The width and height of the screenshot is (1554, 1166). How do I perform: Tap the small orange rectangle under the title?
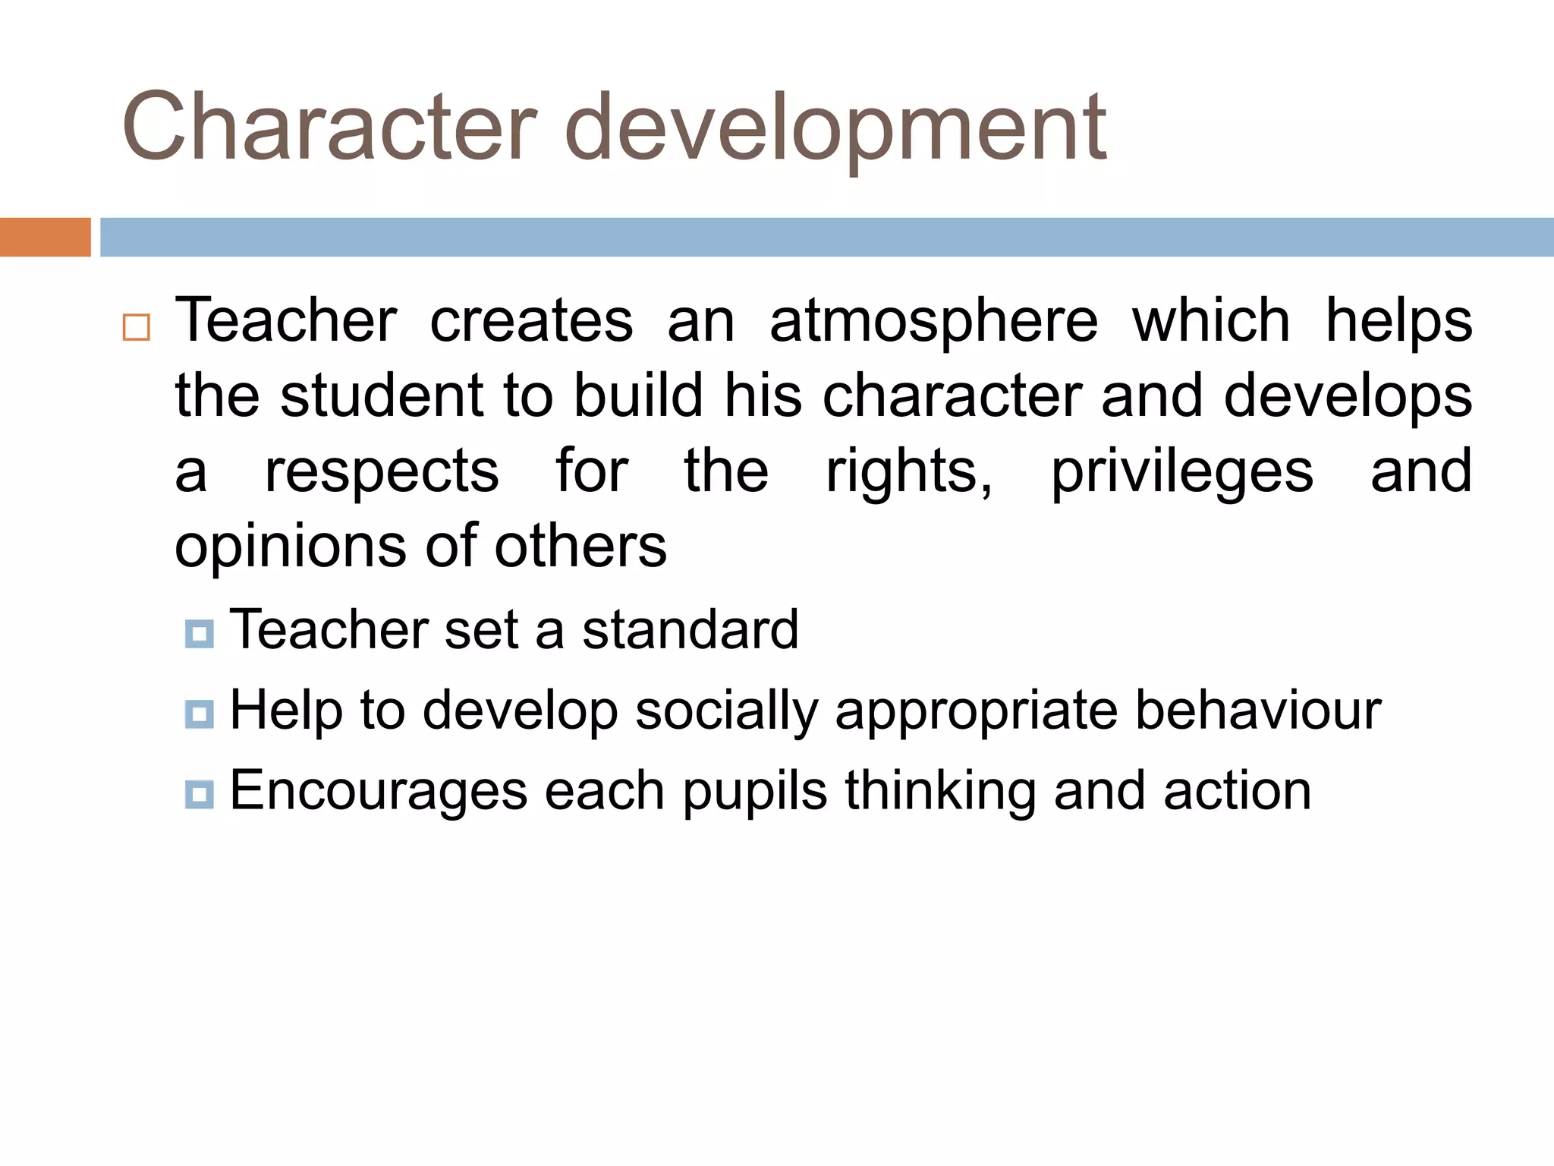pyautogui.click(x=45, y=237)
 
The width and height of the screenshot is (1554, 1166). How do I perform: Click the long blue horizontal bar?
pyautogui.click(x=826, y=237)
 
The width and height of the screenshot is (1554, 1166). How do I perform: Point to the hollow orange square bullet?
pyautogui.click(x=137, y=327)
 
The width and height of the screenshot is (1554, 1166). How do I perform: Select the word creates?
pyautogui.click(x=531, y=320)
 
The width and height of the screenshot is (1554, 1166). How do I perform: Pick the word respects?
pyautogui.click(x=382, y=472)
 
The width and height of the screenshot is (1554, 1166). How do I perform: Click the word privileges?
pyautogui.click(x=1181, y=472)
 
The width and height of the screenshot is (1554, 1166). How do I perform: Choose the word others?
pyautogui.click(x=580, y=546)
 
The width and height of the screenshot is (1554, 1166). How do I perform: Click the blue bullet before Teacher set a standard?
pyautogui.click(x=199, y=633)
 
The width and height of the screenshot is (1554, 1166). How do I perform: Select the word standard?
pyautogui.click(x=690, y=630)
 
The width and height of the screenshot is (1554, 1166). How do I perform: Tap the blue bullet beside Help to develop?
pyautogui.click(x=199, y=714)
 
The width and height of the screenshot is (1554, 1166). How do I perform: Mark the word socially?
pyautogui.click(x=726, y=712)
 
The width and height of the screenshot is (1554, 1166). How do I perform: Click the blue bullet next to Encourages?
pyautogui.click(x=199, y=794)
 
